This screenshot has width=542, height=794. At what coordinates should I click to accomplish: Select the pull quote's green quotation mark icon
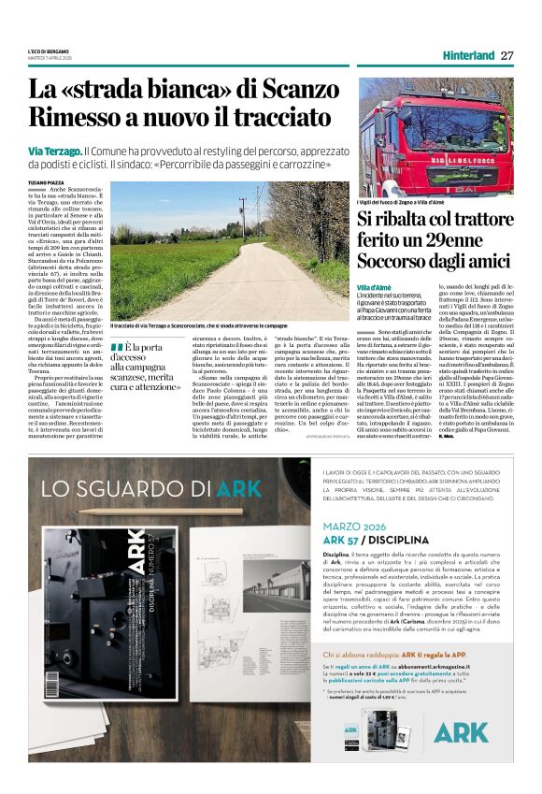pos(116,348)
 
